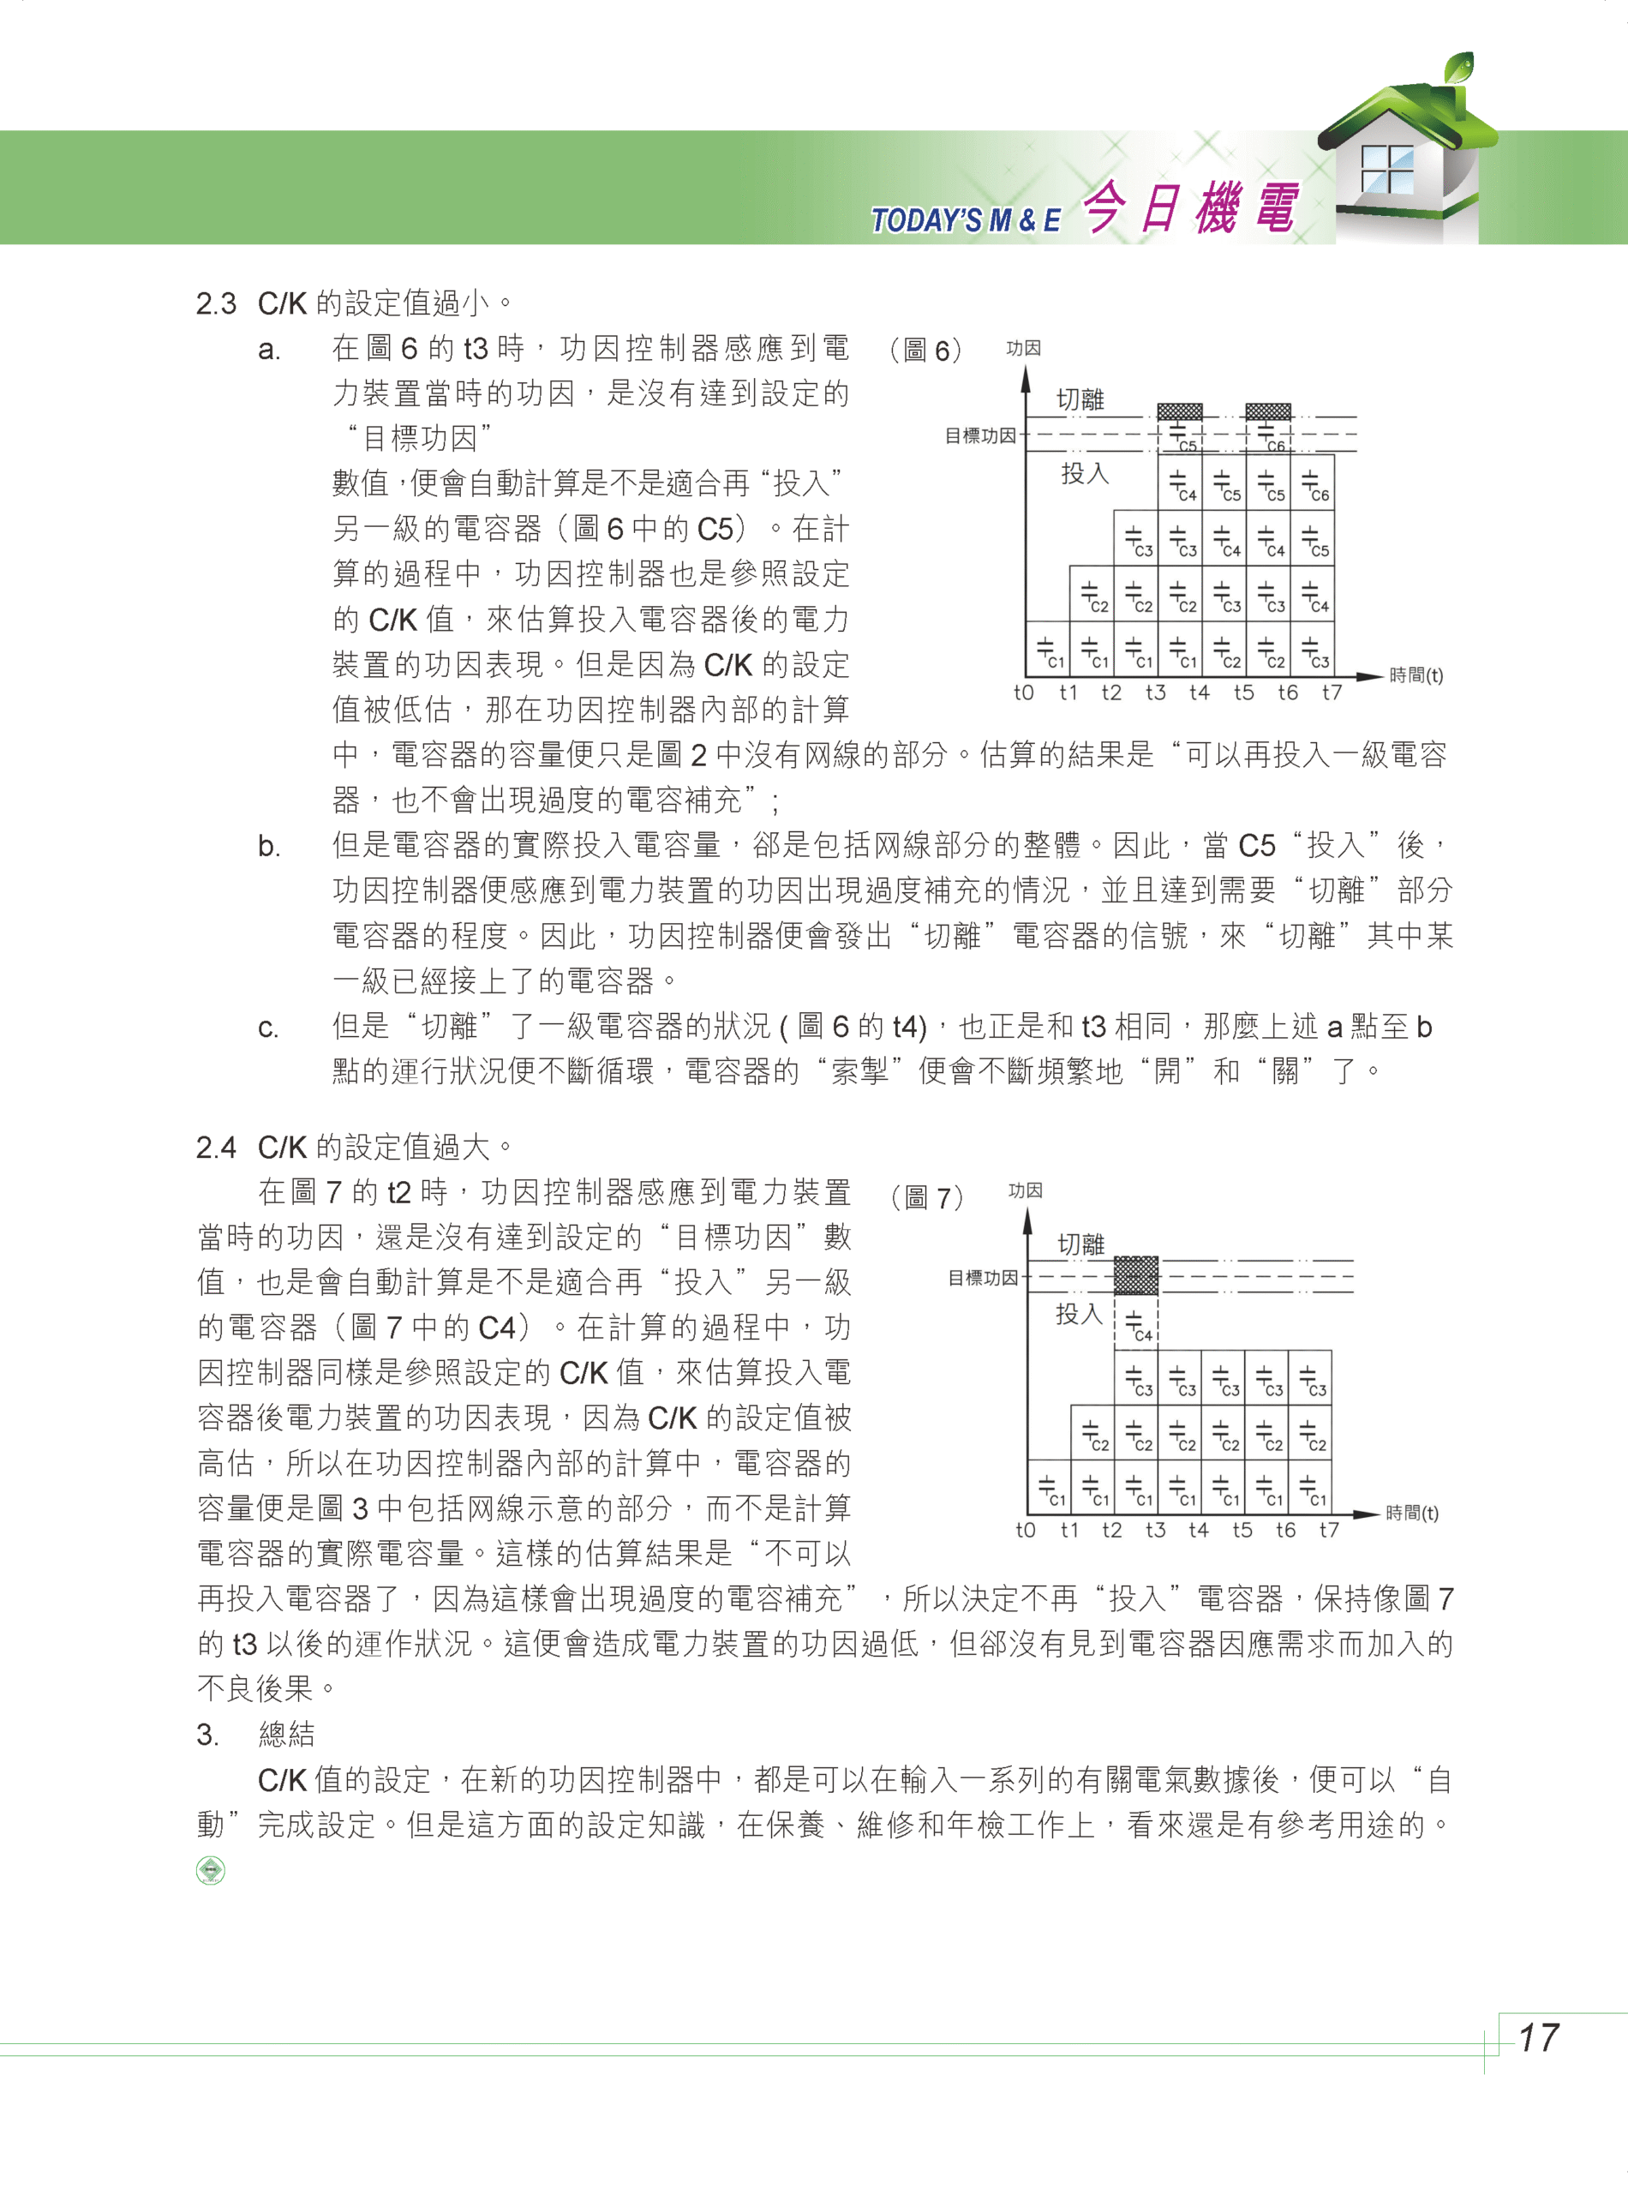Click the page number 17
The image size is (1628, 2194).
click(1537, 2037)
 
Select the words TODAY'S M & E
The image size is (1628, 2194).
click(965, 219)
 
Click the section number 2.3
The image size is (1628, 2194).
click(216, 303)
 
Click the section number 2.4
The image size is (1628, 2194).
click(216, 1148)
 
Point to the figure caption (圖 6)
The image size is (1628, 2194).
click(925, 350)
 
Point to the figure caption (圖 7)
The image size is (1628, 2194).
click(926, 1197)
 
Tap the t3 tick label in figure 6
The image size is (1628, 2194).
click(1155, 692)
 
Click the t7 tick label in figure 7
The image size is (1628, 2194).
click(1330, 1530)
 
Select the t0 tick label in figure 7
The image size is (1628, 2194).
click(1026, 1530)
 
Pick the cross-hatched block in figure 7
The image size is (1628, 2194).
click(1136, 1275)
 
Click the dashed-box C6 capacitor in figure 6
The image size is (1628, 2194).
click(1269, 436)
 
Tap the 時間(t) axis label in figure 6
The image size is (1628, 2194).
click(1416, 675)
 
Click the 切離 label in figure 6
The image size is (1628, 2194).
click(1080, 399)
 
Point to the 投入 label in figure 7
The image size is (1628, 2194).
click(1079, 1314)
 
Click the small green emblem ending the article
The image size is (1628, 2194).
click(211, 1870)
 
